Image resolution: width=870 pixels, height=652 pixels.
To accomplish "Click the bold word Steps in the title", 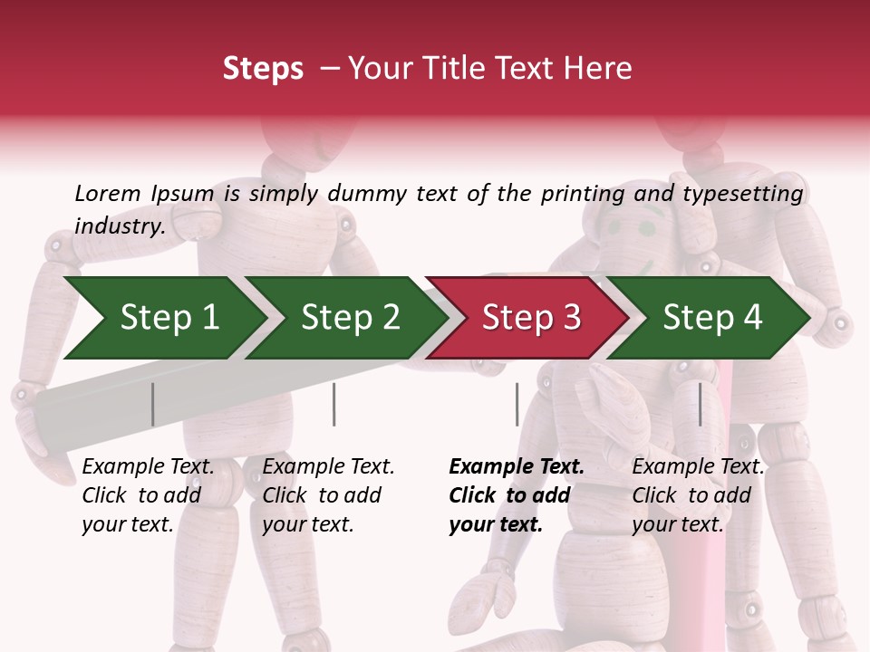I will pos(263,68).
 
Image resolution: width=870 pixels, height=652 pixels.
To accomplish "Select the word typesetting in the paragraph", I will pos(742,194).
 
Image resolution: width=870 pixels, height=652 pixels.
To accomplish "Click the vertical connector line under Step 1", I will pos(153,404).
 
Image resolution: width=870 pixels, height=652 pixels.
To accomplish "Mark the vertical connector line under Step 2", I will pos(334,404).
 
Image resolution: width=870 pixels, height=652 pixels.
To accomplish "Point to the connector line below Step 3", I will pos(517,404).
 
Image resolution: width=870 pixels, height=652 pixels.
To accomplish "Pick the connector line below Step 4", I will pos(700,404).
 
